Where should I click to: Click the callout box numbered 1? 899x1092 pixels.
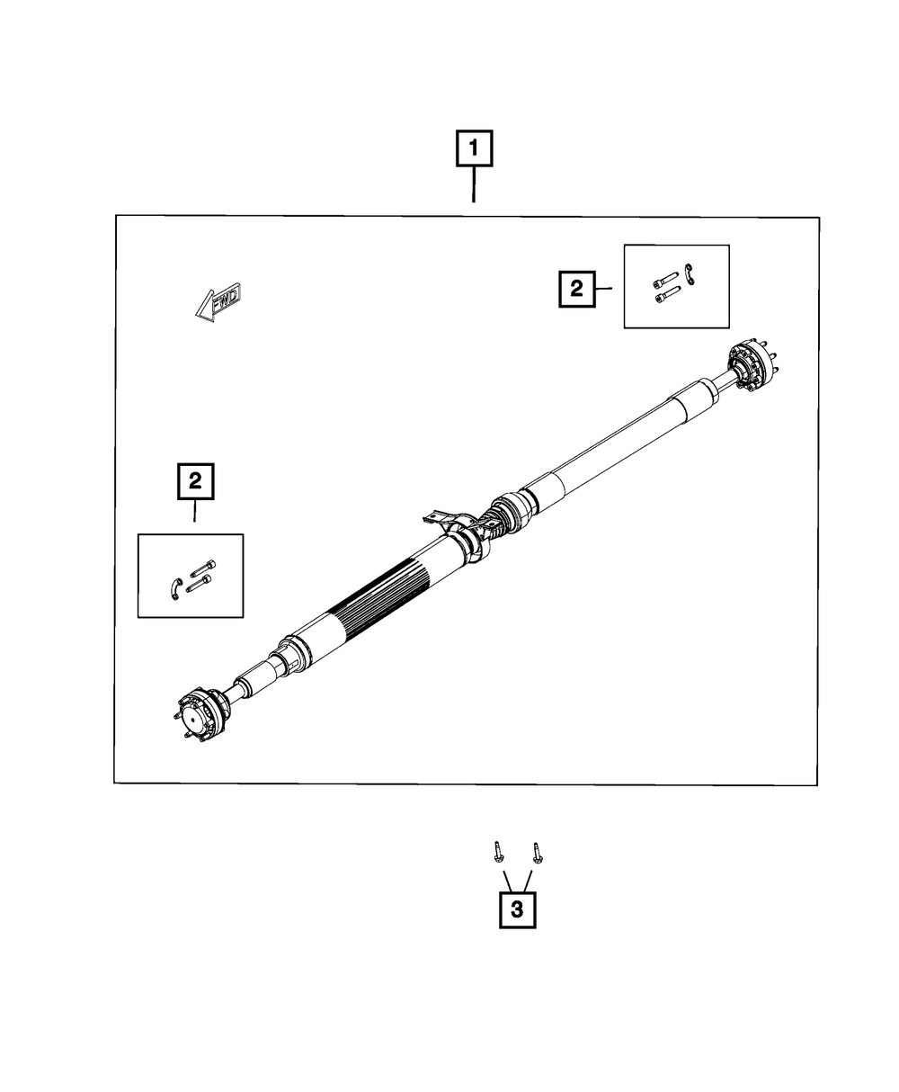(x=474, y=148)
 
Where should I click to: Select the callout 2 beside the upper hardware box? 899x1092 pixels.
(x=577, y=289)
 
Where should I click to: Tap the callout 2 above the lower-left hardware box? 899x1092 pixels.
(x=195, y=481)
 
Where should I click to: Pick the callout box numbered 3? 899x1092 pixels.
(x=517, y=910)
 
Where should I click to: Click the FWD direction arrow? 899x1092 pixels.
(x=218, y=302)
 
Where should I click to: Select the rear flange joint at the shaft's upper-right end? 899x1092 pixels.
(x=751, y=364)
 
